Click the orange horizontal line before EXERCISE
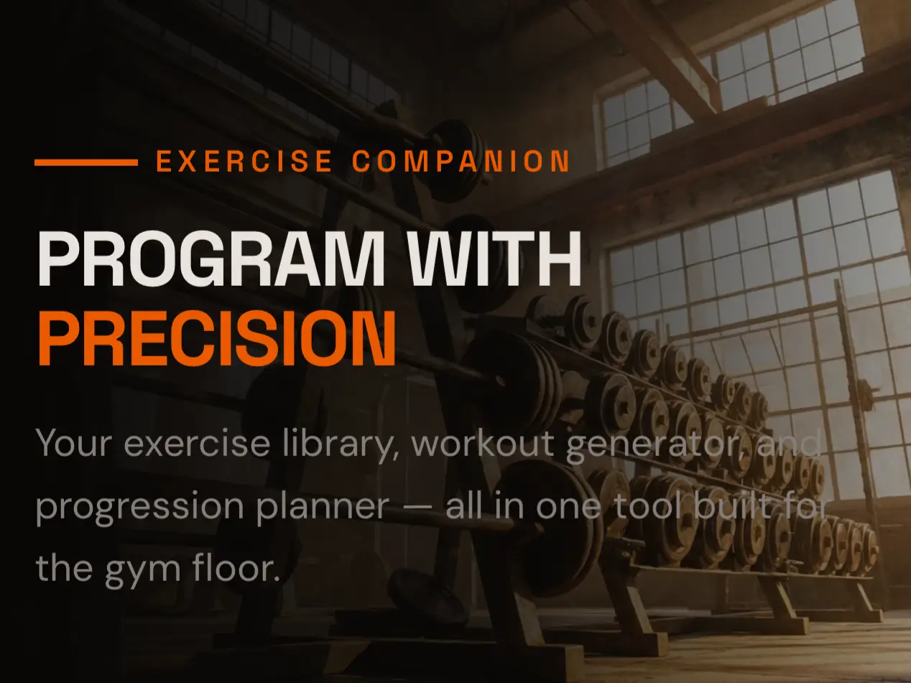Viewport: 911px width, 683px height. pyautogui.click(x=85, y=163)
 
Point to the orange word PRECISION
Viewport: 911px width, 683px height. pyautogui.click(x=216, y=338)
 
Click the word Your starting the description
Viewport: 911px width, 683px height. pyautogui.click(x=74, y=443)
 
